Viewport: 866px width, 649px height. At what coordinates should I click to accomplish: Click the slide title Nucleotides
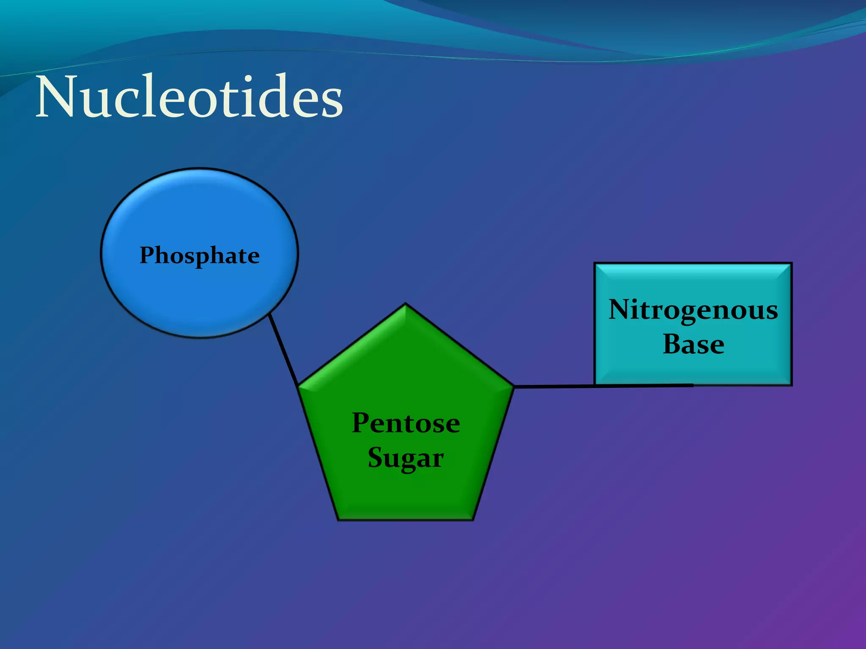[x=189, y=97]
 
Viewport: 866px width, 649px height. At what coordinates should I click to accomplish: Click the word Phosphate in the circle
[x=200, y=256]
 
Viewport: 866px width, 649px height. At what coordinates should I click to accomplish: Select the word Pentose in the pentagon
[x=406, y=423]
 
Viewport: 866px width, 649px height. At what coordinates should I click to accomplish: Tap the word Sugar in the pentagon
[x=406, y=458]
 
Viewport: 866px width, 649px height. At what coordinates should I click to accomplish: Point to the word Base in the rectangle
[x=693, y=344]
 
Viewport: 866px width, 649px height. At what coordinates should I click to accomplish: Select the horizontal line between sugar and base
[x=554, y=386]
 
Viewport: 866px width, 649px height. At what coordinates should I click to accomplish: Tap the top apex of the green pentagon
[x=406, y=304]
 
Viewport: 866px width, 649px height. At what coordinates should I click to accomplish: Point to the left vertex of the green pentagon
[x=299, y=385]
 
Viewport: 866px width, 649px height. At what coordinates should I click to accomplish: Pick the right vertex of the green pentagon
[x=513, y=386]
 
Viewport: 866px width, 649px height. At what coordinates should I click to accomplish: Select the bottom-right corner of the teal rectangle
[x=791, y=384]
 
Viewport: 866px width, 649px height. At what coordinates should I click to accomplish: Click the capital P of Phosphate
[x=147, y=255]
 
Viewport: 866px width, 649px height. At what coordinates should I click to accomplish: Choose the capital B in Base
[x=672, y=344]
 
